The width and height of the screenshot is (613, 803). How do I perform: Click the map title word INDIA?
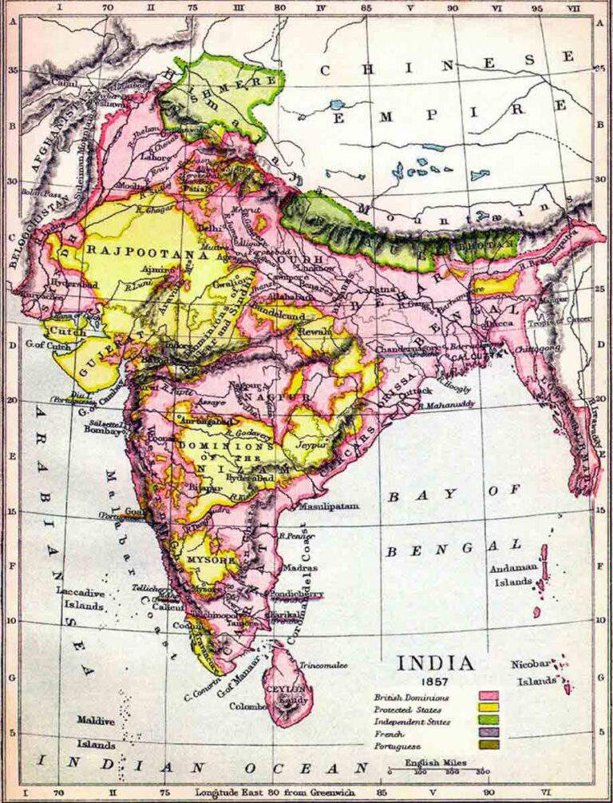pos(435,663)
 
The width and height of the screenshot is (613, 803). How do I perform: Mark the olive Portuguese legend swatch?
pos(488,745)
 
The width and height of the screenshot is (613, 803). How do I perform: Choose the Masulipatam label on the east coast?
pos(328,507)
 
